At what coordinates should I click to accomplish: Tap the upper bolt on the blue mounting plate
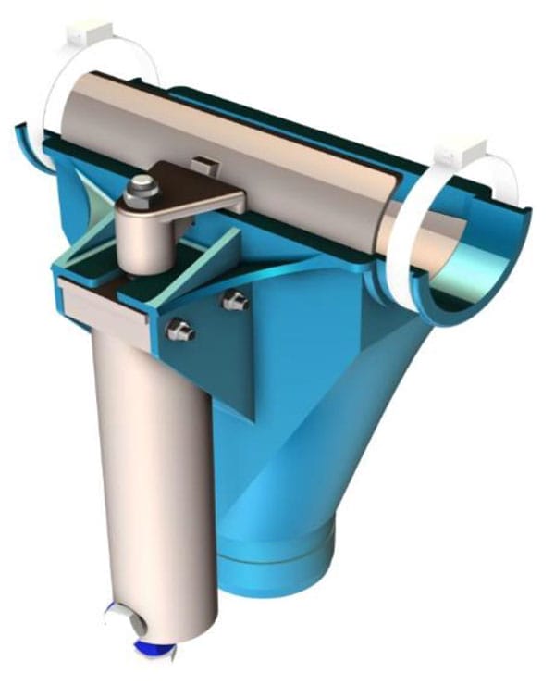[x=235, y=300]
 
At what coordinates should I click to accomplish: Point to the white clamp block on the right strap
[x=460, y=145]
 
